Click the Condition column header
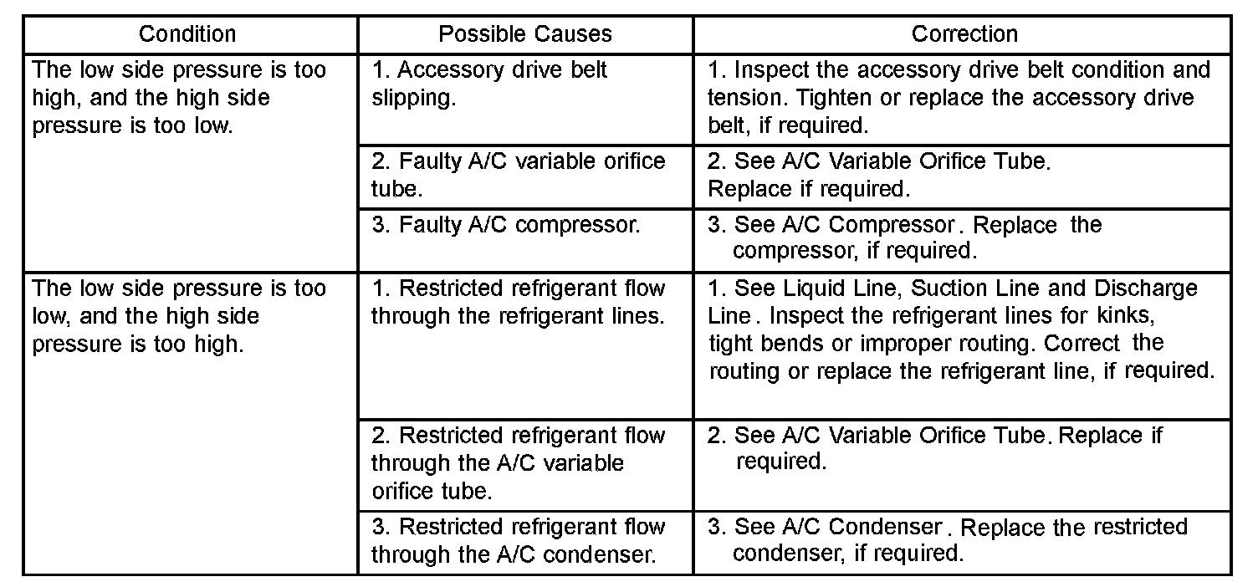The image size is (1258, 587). point(187,34)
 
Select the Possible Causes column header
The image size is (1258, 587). point(525,34)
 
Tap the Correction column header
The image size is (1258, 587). point(964,34)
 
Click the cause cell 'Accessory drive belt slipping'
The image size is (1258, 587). point(490,84)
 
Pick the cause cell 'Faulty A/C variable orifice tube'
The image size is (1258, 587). point(519,174)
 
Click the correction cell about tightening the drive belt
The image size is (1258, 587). point(959,97)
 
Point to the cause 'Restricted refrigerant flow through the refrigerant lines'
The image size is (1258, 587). point(519,303)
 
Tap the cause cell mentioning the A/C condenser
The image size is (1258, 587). point(519,540)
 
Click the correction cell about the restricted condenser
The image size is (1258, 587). point(947,540)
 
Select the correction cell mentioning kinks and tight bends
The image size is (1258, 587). point(961,329)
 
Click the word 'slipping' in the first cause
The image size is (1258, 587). point(413,99)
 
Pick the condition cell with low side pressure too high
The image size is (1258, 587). point(179,98)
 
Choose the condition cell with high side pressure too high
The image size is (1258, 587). point(179,316)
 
